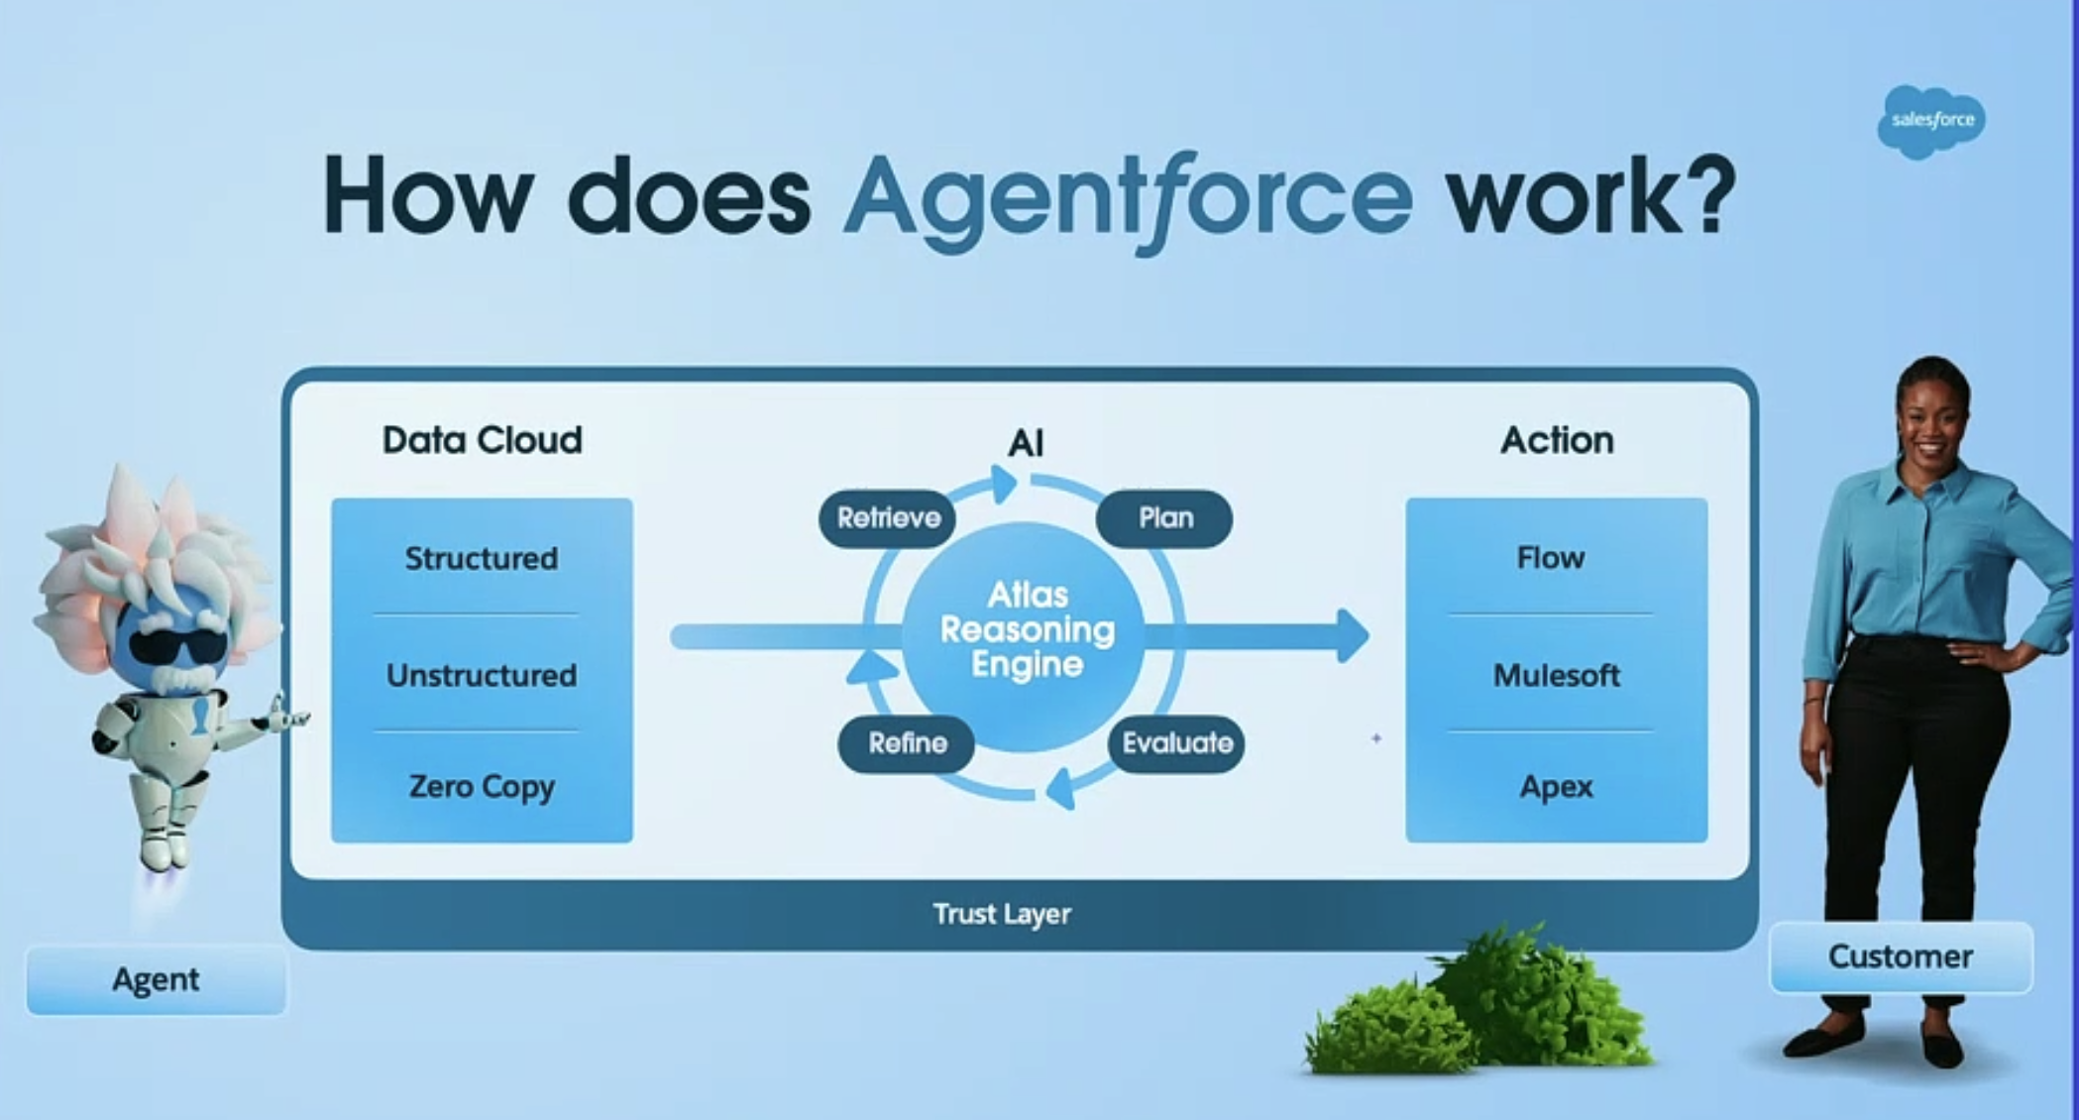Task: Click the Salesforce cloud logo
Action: click(1930, 121)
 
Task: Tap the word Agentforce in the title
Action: click(1127, 197)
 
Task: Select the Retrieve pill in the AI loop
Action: click(887, 517)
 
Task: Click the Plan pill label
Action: click(1164, 517)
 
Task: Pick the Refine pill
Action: click(907, 743)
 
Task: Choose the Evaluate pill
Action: click(1176, 743)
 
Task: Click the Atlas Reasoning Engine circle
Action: click(1027, 630)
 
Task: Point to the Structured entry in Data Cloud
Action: click(482, 559)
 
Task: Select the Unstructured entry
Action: click(482, 676)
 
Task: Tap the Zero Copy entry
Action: click(482, 787)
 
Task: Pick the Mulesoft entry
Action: click(1556, 676)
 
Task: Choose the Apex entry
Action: click(1556, 787)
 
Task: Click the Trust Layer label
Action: click(1002, 914)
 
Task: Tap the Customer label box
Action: click(1900, 956)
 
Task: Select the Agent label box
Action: click(156, 979)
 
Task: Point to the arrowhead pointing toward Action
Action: click(1353, 635)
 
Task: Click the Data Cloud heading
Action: click(482, 440)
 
